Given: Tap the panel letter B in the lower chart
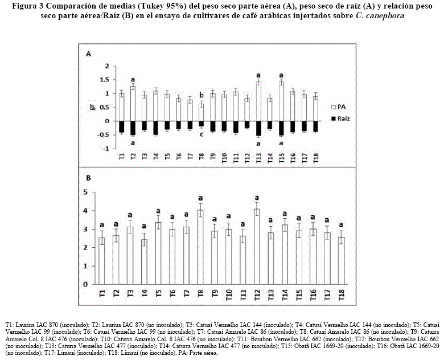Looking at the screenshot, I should click(88, 178).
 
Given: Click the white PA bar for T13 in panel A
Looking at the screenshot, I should click(258, 101).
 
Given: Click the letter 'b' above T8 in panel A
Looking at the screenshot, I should click(201, 95).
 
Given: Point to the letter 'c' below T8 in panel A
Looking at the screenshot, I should click(201, 134).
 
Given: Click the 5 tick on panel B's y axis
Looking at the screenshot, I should click(85, 193).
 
